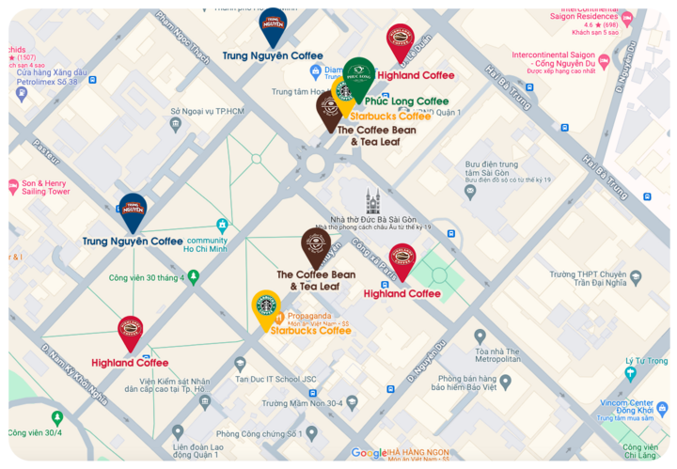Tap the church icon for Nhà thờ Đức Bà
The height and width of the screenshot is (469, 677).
click(x=373, y=200)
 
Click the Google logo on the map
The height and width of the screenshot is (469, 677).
click(x=369, y=453)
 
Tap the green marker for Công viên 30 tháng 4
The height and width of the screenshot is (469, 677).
click(x=194, y=277)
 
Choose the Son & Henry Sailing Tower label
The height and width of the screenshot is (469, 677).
click(x=46, y=186)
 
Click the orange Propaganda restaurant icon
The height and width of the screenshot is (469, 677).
click(x=279, y=317)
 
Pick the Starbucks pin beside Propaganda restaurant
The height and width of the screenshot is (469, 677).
click(x=266, y=306)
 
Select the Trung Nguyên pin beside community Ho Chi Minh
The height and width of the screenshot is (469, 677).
click(x=132, y=211)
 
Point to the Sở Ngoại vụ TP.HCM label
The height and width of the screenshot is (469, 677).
click(x=207, y=111)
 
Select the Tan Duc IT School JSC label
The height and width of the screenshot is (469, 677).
click(x=282, y=379)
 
